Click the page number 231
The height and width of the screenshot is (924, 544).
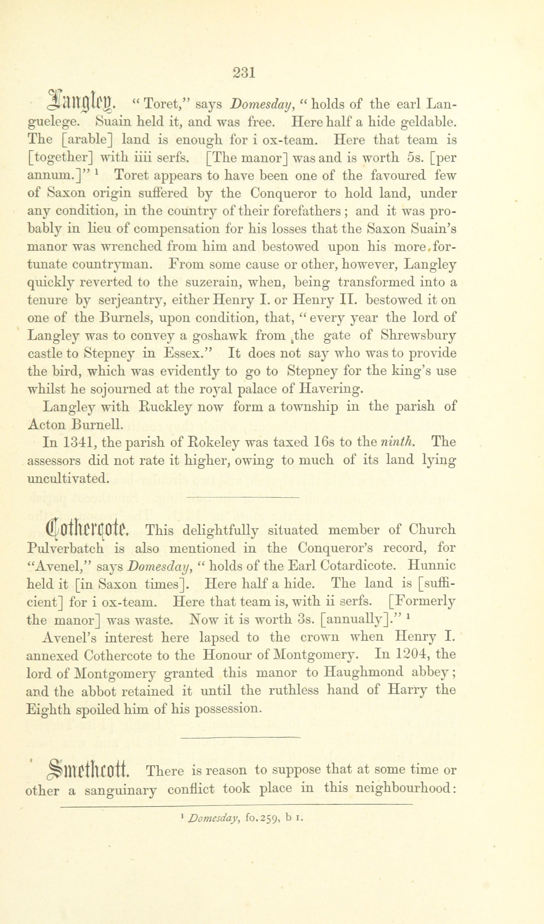coord(244,73)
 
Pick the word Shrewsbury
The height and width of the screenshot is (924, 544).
coord(418,335)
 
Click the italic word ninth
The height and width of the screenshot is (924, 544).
coord(398,442)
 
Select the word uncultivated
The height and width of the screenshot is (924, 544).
coord(68,477)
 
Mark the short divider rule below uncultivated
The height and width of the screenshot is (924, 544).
coord(243,497)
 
